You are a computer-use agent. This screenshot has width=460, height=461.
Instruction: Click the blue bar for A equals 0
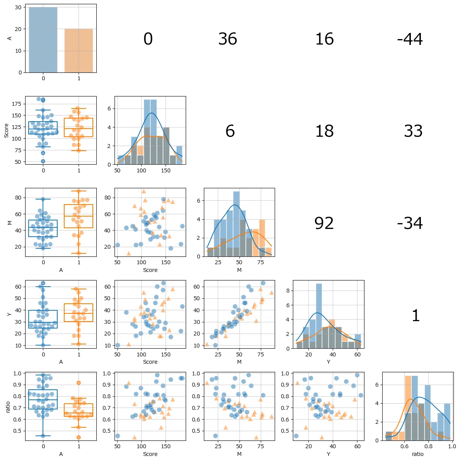tap(43, 40)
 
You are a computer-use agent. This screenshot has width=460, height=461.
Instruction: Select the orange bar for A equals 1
tap(79, 51)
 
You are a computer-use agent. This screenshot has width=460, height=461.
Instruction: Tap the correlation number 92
tap(324, 223)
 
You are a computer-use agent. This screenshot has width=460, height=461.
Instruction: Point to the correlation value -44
tap(410, 39)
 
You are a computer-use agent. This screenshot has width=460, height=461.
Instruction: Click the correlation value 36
tap(228, 39)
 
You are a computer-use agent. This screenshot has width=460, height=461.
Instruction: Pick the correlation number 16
tap(324, 39)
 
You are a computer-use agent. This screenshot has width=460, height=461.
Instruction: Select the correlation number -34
tap(410, 223)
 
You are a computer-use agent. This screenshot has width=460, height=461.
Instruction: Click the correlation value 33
tap(413, 131)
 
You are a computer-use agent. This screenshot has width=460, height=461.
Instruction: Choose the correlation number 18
tap(324, 131)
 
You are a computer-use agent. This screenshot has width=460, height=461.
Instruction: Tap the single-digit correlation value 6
tap(230, 131)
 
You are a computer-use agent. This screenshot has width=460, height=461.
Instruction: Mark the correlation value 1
tap(416, 315)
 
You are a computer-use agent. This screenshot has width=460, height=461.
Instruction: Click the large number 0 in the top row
tap(148, 39)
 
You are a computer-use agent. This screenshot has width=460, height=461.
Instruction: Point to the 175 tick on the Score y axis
tap(16, 104)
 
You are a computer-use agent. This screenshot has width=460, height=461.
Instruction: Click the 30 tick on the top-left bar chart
tap(18, 7)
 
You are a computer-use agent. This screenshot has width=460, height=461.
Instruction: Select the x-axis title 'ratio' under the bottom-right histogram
tap(417, 454)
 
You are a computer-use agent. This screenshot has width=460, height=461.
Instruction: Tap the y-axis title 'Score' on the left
tap(6, 131)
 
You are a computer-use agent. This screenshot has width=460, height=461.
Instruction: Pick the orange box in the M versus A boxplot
tap(79, 216)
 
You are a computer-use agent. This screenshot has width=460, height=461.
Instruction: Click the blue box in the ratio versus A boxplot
tap(43, 399)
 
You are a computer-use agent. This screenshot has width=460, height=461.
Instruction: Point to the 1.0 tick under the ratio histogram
tap(452, 446)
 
